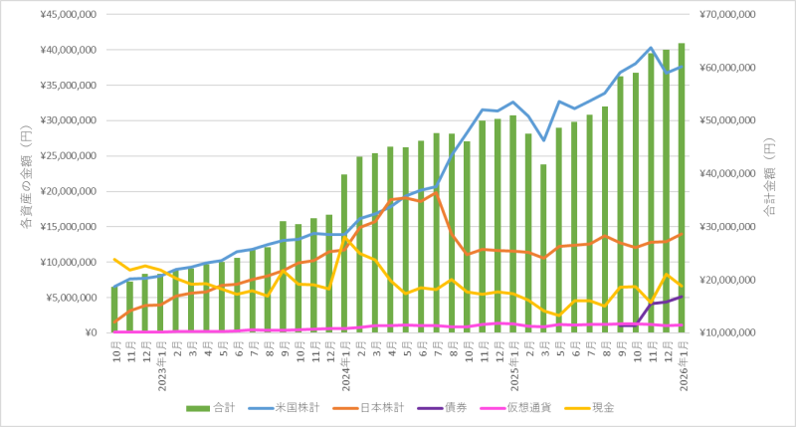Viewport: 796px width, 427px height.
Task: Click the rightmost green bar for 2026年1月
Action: coord(682,189)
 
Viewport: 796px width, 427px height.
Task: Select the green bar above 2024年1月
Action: coord(344,254)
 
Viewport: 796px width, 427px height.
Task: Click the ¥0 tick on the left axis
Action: coord(89,333)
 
